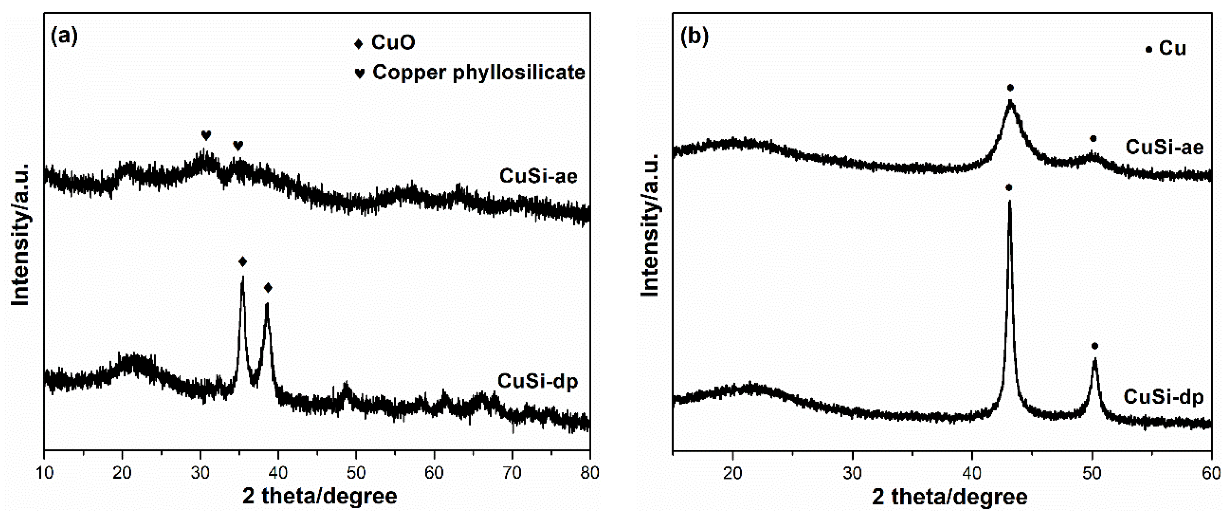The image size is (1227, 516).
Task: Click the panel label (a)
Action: [64, 37]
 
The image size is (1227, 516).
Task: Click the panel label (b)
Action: [694, 37]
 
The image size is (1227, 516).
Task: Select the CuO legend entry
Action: [384, 43]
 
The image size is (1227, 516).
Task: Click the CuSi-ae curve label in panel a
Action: [538, 176]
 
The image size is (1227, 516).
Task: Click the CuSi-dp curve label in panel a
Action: [538, 381]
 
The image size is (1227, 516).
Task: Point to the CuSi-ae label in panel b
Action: [1165, 147]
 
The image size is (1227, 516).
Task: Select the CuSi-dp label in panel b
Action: [1164, 397]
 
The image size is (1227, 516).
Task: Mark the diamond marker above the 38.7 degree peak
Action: [268, 287]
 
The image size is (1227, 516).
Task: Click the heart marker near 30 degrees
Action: [206, 135]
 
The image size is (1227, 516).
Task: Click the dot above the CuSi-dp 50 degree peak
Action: [1095, 346]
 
